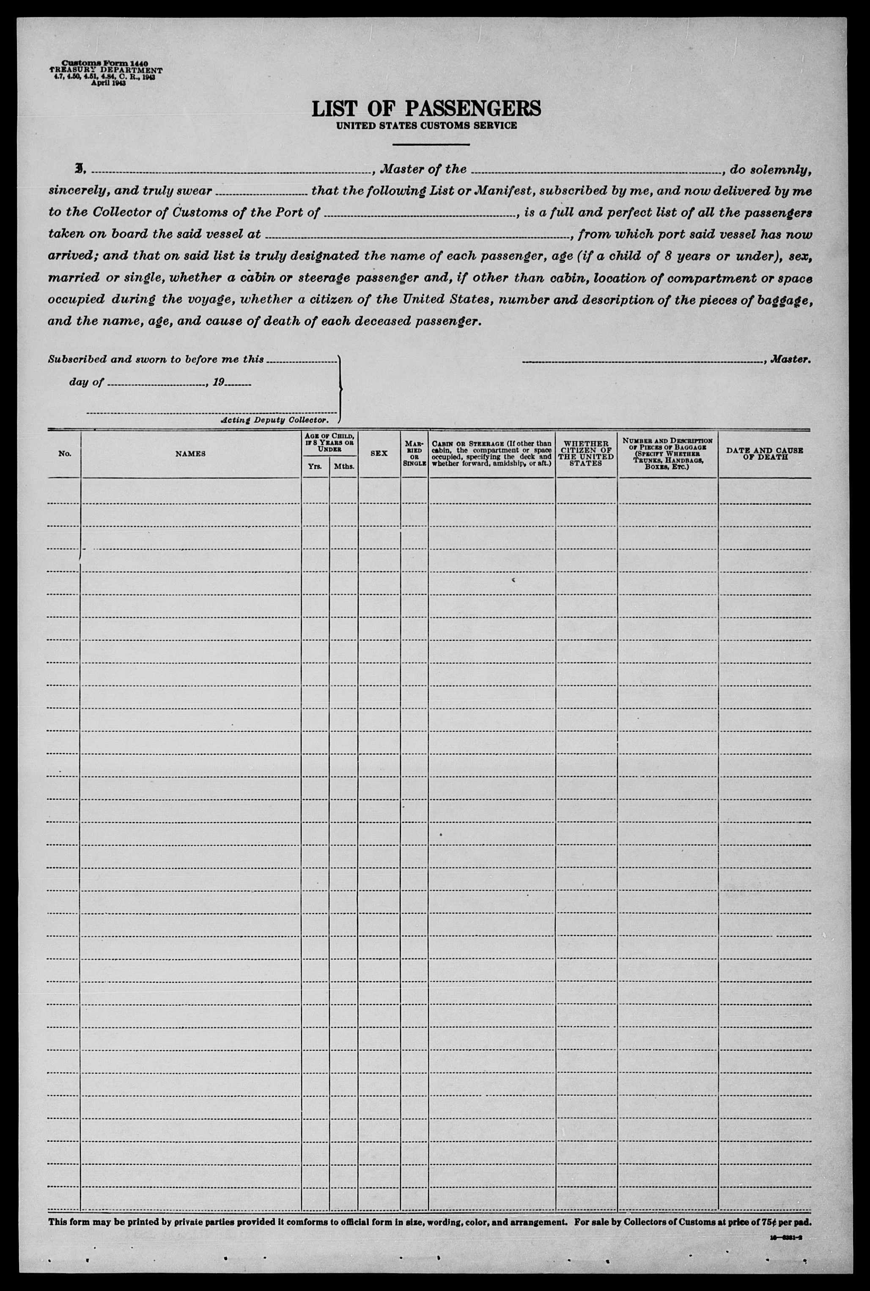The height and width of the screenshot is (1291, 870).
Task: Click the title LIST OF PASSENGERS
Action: (x=426, y=108)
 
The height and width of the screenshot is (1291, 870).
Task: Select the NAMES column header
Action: (x=190, y=454)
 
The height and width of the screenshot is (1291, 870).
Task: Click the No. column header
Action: (x=64, y=454)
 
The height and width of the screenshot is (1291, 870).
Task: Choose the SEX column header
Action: (x=379, y=454)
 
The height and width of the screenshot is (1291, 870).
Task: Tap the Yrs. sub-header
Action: (x=315, y=467)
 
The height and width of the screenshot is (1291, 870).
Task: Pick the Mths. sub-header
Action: (x=343, y=467)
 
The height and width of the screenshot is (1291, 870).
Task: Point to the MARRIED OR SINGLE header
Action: (x=414, y=454)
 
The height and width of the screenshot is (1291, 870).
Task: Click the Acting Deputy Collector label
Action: (x=274, y=420)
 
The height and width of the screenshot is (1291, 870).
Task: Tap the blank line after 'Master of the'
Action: (x=595, y=171)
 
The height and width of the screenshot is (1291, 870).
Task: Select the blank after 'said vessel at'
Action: (x=420, y=236)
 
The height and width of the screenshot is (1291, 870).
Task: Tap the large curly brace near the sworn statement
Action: (x=340, y=388)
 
